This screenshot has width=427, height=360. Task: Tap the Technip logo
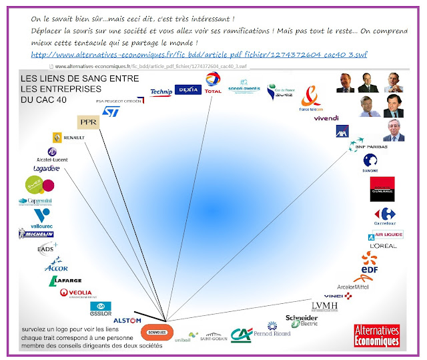tap(161, 92)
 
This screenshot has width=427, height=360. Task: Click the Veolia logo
tap(76, 293)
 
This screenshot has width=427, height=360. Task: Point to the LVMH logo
tap(325, 306)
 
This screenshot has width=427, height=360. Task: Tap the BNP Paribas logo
tap(372, 146)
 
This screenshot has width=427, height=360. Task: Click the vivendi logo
tap(326, 118)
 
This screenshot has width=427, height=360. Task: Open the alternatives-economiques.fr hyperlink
tap(199, 53)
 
